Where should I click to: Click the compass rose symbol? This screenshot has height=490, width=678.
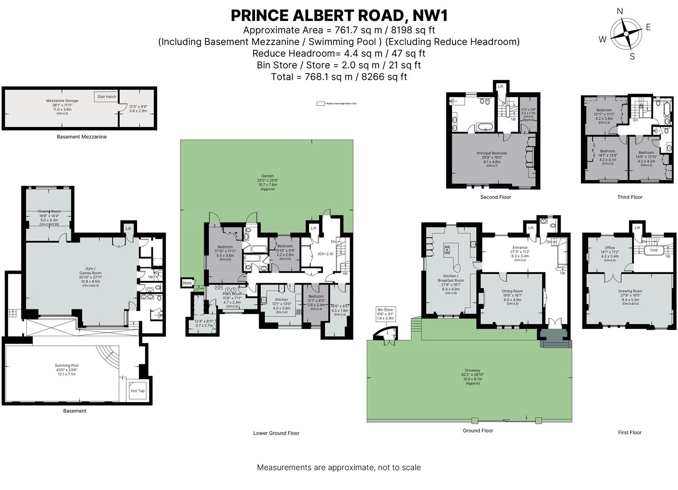[x=626, y=34]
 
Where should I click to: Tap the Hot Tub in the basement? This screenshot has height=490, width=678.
[x=138, y=391]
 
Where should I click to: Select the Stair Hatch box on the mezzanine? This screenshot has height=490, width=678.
[x=107, y=97]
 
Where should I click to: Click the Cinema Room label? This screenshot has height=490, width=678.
[x=49, y=211]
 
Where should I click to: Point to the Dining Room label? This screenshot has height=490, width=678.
[x=512, y=291]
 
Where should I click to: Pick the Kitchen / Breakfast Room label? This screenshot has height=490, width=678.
[x=451, y=278]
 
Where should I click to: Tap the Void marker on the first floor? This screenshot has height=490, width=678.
[x=653, y=250]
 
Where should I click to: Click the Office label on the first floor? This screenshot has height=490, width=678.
[x=609, y=248]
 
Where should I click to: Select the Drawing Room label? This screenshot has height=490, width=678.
[x=630, y=291]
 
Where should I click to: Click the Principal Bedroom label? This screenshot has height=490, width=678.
[x=491, y=153]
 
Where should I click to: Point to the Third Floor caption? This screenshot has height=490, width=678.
[x=630, y=197]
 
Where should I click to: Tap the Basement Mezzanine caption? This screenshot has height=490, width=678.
[x=82, y=137]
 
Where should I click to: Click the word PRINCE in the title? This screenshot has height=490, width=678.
[x=259, y=15]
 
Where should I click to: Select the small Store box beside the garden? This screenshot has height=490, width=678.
[x=187, y=283]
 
